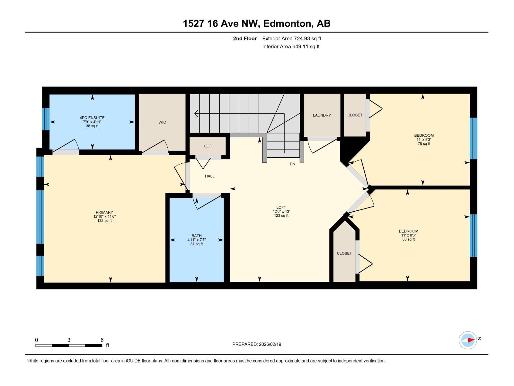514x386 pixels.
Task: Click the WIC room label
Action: (x=162, y=122)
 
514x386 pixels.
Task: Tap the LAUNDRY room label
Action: (x=322, y=115)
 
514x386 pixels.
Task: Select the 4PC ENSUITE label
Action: (x=92, y=118)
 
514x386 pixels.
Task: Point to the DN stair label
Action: (x=292, y=164)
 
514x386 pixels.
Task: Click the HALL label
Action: (x=209, y=176)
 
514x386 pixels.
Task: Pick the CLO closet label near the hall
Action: (x=208, y=146)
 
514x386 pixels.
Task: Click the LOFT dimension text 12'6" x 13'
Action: (x=281, y=211)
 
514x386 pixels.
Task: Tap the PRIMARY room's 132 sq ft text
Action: (x=104, y=221)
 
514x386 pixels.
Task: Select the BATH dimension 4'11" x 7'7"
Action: (x=197, y=240)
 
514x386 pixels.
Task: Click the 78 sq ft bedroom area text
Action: (x=424, y=144)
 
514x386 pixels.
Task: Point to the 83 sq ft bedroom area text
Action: (x=408, y=239)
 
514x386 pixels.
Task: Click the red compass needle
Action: (x=471, y=340)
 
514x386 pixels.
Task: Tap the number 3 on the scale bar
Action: (x=69, y=340)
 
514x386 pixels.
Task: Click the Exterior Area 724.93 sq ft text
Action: (x=292, y=38)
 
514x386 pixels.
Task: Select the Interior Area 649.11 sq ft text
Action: (x=291, y=46)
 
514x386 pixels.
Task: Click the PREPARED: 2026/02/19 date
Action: (x=257, y=344)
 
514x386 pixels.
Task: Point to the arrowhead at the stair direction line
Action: (x=197, y=114)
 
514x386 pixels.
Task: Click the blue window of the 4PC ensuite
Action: (x=46, y=119)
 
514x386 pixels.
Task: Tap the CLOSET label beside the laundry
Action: (x=355, y=115)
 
